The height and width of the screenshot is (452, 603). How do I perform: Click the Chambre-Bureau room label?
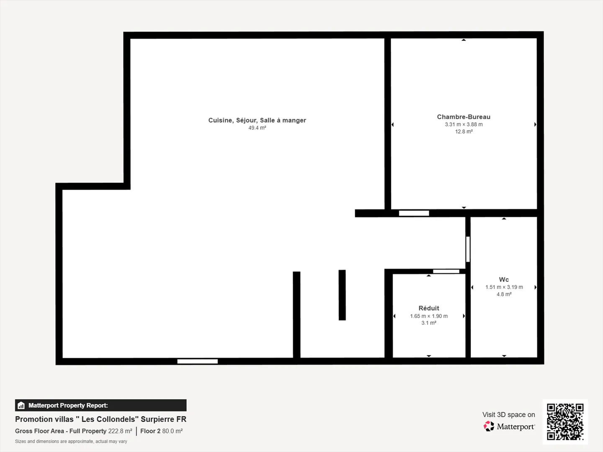click(x=464, y=117)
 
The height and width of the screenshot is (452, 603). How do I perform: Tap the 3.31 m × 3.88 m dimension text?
click(x=464, y=124)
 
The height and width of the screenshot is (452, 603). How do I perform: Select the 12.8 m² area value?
click(x=464, y=131)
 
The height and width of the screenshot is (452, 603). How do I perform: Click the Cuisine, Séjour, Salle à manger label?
click(x=257, y=120)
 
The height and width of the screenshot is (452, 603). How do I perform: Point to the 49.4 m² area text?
click(x=257, y=128)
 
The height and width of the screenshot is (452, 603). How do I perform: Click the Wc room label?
click(x=504, y=280)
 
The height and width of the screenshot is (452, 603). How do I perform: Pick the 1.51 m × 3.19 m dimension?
click(x=504, y=287)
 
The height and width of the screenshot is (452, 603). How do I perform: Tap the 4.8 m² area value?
click(x=504, y=294)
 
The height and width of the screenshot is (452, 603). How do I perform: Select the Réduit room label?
click(x=429, y=308)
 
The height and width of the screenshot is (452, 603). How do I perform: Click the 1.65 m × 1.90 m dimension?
click(x=429, y=316)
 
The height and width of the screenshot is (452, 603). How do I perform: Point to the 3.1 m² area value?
click(x=429, y=323)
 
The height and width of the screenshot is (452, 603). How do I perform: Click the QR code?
click(x=565, y=421)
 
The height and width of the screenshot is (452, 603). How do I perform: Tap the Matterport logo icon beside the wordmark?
click(x=489, y=426)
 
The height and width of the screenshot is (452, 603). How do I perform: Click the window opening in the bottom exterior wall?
click(x=197, y=361)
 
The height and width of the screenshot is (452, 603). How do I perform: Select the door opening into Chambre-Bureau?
click(x=414, y=213)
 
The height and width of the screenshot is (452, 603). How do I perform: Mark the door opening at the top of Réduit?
click(x=446, y=272)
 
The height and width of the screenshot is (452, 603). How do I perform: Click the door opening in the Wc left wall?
click(x=468, y=249)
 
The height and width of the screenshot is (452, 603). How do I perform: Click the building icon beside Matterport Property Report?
click(x=21, y=406)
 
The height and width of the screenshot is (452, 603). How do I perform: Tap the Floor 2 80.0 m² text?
click(x=161, y=431)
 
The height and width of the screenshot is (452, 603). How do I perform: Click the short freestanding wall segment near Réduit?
click(x=342, y=295)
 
